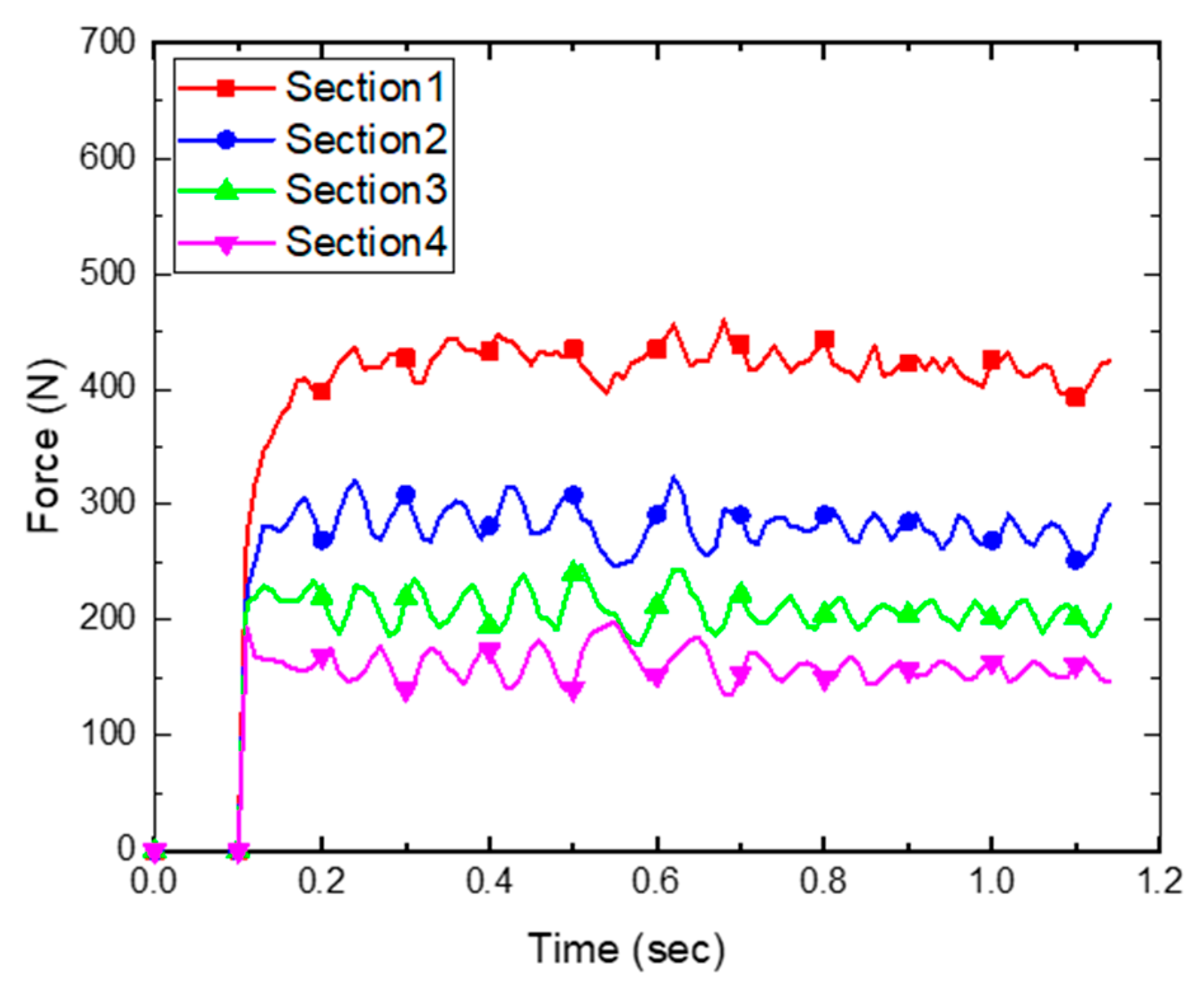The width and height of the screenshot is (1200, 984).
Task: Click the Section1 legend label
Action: tap(364, 87)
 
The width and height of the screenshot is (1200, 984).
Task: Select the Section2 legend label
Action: tap(366, 139)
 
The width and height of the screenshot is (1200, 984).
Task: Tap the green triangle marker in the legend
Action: tap(226, 190)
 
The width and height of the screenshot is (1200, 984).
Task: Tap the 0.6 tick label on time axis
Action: tap(656, 881)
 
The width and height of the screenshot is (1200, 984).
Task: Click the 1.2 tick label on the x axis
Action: tap(1159, 881)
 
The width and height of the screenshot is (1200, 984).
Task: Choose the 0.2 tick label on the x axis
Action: tap(322, 881)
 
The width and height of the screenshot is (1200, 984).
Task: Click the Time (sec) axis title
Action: tap(625, 950)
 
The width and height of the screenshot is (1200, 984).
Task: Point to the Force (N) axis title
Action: tap(44, 446)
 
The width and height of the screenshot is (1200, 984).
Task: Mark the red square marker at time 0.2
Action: tap(322, 391)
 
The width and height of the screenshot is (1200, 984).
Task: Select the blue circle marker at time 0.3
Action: tap(406, 495)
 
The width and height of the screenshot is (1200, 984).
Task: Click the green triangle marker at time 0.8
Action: tap(824, 613)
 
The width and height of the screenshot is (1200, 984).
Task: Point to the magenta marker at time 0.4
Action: tap(490, 651)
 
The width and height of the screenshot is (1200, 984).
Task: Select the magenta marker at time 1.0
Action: tap(992, 665)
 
